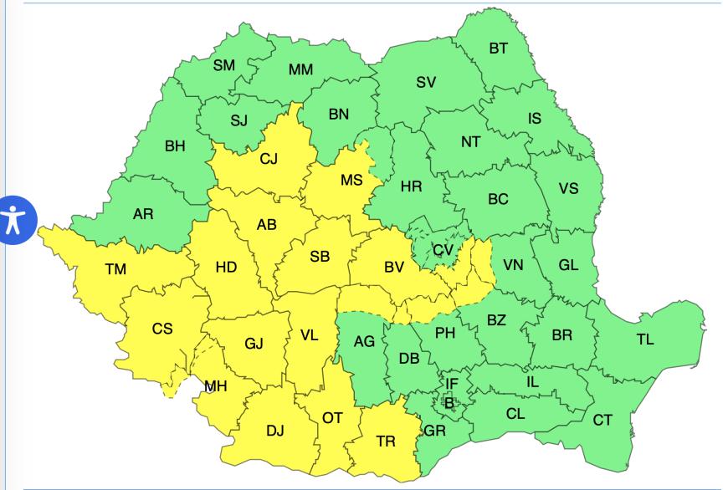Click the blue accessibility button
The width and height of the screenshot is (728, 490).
(15, 220)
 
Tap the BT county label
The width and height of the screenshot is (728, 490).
(498, 48)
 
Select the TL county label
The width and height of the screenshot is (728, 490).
(644, 339)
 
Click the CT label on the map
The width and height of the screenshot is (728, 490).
(602, 420)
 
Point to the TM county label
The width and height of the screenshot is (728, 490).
(115, 269)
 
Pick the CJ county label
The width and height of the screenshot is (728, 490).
(269, 159)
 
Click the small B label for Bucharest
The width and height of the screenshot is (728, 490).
(449, 402)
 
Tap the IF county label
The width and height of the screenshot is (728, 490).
(452, 384)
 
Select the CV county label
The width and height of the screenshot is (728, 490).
(443, 250)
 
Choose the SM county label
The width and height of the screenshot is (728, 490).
(223, 64)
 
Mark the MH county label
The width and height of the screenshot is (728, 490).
(216, 385)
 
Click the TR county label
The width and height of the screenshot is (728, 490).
(386, 442)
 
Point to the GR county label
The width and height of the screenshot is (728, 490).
(434, 431)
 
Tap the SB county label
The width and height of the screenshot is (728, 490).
(320, 257)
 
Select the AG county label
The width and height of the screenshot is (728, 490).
(365, 341)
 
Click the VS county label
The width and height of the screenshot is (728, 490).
(568, 188)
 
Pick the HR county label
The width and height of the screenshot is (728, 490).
(411, 186)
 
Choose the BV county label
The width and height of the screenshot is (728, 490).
(394, 268)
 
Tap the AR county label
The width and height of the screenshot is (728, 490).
(143, 214)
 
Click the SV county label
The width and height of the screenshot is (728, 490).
(426, 82)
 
